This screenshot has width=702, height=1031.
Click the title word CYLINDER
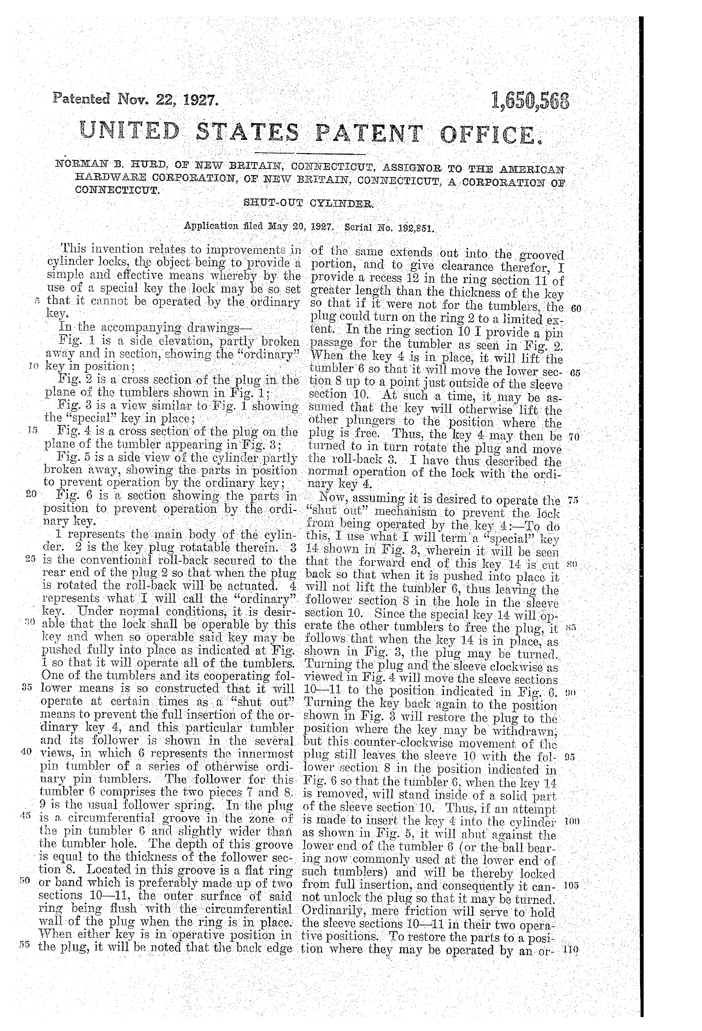tap(342, 204)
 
